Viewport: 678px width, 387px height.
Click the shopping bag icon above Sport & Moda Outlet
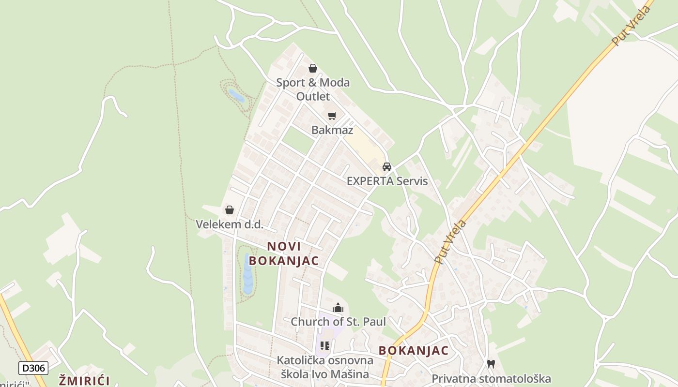coord(313,68)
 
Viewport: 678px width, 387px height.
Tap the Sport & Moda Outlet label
coord(313,89)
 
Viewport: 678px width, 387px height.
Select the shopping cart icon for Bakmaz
coord(332,116)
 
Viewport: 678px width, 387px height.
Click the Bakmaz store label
coord(332,130)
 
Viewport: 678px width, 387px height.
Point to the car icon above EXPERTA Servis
coord(387,167)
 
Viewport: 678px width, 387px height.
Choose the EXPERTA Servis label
coord(387,181)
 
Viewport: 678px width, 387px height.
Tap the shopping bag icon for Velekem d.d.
coord(230,210)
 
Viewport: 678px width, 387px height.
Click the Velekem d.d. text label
coord(230,224)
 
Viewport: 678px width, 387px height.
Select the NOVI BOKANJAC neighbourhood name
coord(284,253)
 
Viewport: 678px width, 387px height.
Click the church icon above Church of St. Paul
coord(338,308)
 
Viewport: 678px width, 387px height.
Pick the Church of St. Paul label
coord(338,322)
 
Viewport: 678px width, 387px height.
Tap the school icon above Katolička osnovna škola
coord(325,346)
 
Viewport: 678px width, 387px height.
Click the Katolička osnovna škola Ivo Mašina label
coord(325,367)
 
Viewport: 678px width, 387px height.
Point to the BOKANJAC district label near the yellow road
coord(414,351)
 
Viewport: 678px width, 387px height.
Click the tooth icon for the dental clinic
coord(491,364)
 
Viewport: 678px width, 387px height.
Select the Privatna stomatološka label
coord(491,378)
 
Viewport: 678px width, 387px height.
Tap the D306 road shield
coord(33,368)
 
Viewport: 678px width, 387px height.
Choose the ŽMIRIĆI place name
coord(84,380)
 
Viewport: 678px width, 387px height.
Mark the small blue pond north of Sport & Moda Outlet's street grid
coord(236,95)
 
